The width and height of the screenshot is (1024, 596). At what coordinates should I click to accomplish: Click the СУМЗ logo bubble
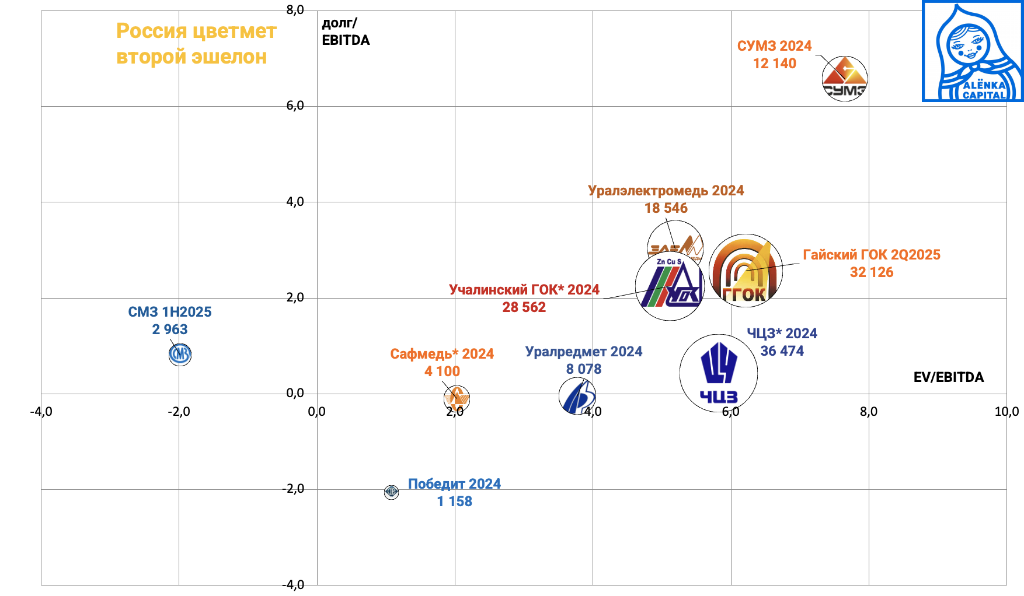coord(844,79)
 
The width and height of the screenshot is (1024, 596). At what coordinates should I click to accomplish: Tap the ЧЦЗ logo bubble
coord(719,373)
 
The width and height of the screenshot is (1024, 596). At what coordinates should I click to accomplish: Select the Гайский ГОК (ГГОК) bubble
coord(746,271)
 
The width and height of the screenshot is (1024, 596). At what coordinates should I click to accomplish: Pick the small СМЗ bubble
coord(180,354)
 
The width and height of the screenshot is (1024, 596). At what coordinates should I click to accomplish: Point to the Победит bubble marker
coord(391,492)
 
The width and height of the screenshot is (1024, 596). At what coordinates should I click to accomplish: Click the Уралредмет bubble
coord(577,396)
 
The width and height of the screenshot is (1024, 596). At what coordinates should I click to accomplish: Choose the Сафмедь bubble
coord(457,398)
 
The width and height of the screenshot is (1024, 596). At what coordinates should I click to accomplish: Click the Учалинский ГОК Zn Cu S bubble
coord(670,286)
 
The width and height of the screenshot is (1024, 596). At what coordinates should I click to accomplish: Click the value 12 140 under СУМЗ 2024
coord(774,64)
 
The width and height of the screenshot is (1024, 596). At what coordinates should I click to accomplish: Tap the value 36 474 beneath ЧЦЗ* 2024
coord(782,351)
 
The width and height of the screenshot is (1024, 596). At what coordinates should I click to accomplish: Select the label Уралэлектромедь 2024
coord(666,191)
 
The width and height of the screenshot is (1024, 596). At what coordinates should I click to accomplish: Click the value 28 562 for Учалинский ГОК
coord(524,307)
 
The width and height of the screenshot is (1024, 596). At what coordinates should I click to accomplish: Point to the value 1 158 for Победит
coord(454,502)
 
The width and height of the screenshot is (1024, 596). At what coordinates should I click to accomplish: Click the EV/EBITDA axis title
coord(948,377)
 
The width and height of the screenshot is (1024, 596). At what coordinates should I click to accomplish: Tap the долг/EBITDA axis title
coord(345,31)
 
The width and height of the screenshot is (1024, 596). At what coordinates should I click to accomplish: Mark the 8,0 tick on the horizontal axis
coord(868,412)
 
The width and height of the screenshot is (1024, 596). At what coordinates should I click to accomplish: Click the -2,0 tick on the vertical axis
coord(293,489)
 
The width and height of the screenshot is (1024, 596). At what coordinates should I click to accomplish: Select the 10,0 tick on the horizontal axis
coord(1006,412)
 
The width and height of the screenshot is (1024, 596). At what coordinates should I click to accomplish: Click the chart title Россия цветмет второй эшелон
coord(196,44)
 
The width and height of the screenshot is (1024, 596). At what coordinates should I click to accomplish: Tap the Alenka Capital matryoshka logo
coord(973,51)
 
